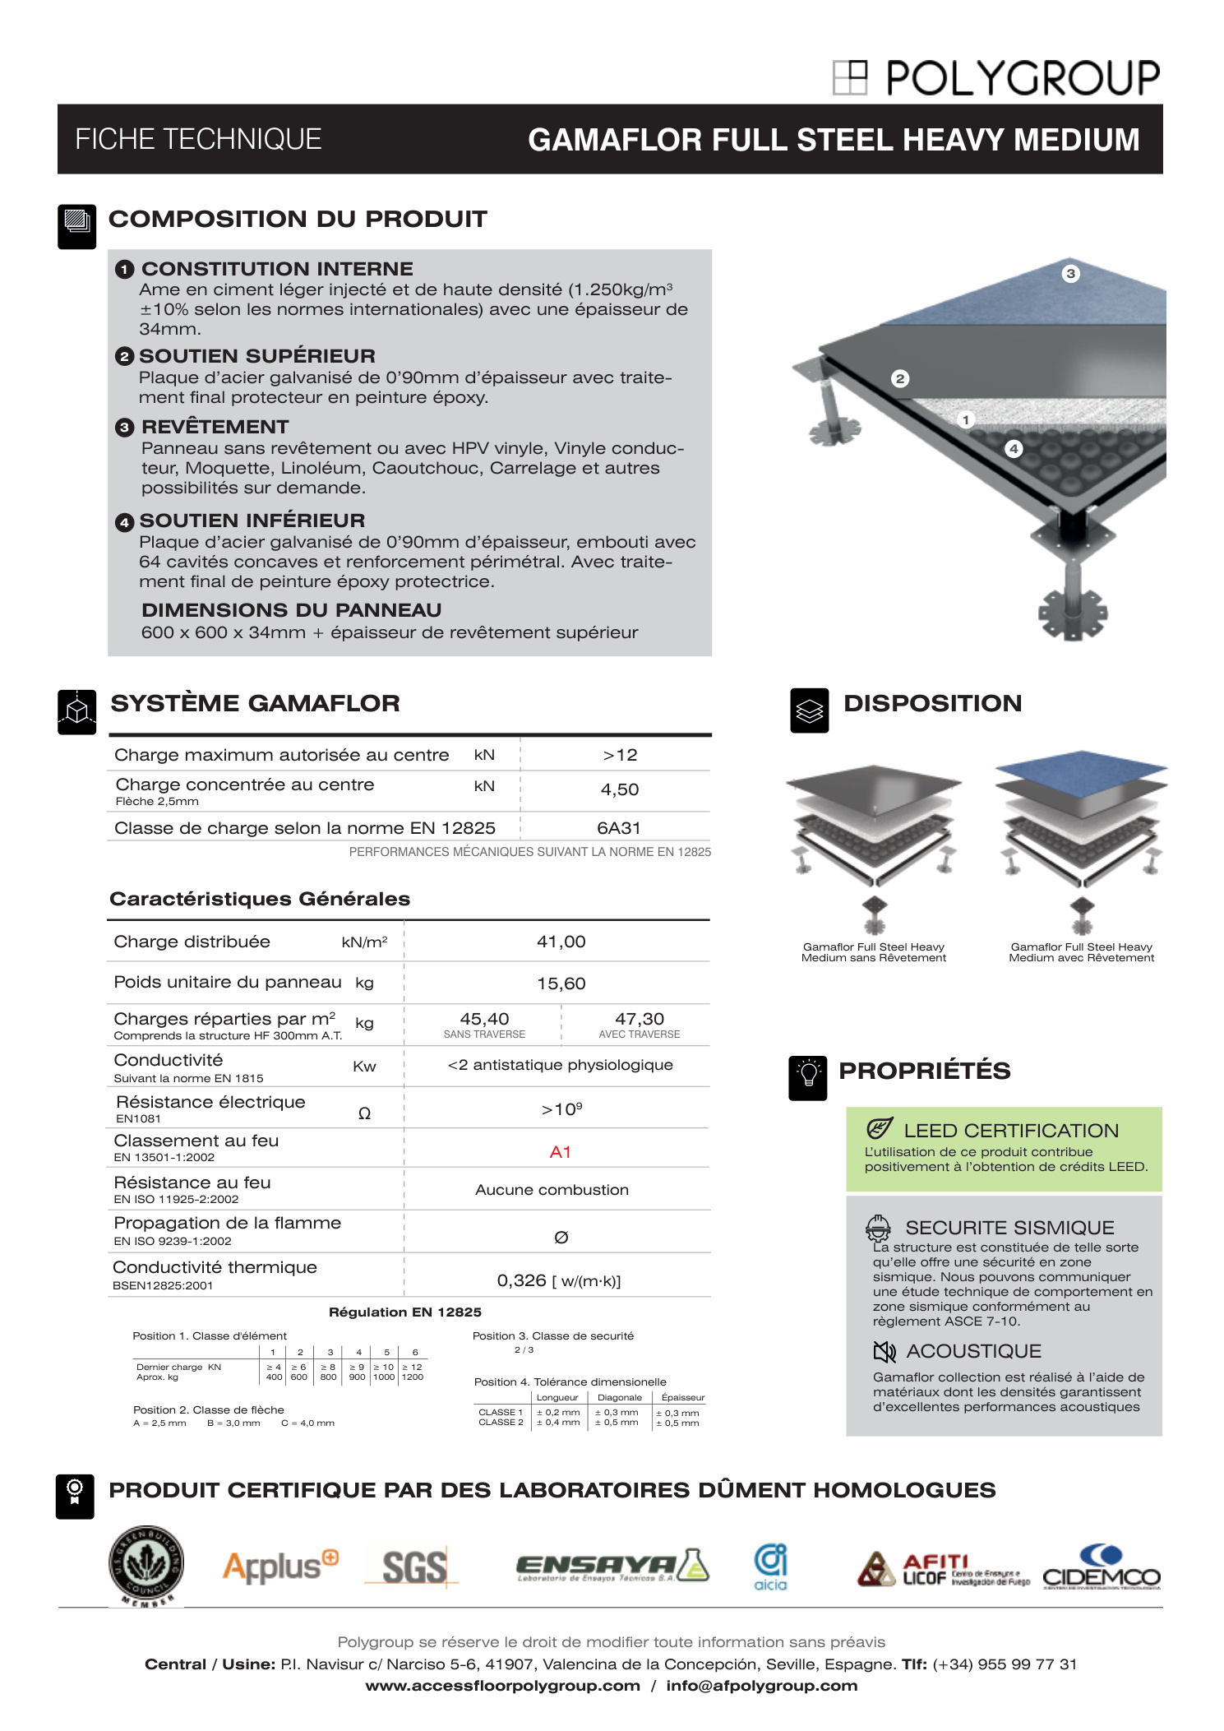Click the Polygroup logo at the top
click(995, 78)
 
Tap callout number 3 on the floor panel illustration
click(1070, 274)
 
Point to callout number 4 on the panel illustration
click(1014, 449)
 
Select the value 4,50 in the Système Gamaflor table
click(619, 789)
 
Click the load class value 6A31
click(618, 828)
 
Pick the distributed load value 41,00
click(561, 942)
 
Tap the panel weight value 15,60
click(561, 984)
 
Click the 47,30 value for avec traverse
click(639, 1019)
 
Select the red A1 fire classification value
click(560, 1152)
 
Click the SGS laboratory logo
click(414, 1567)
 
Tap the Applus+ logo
click(280, 1567)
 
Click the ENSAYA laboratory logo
click(612, 1567)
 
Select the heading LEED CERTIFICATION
click(1010, 1131)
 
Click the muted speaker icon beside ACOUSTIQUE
click(884, 1351)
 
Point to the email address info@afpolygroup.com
click(761, 1685)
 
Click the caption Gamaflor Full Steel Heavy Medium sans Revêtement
click(873, 952)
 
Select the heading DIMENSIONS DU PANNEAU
click(291, 610)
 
